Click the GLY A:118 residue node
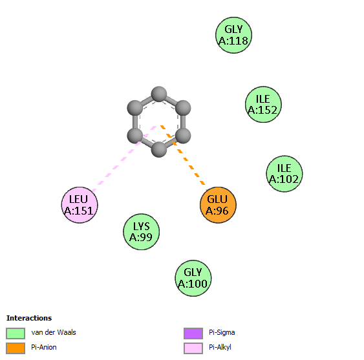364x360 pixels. [x=233, y=35]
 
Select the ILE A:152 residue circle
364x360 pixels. [x=263, y=105]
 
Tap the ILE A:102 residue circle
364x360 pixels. [x=284, y=174]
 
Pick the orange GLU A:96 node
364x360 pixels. [x=218, y=205]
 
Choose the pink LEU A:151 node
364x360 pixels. [x=80, y=205]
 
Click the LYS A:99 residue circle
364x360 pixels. [x=141, y=231]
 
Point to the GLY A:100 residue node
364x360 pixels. [x=193, y=278]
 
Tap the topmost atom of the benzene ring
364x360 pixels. [x=159, y=94]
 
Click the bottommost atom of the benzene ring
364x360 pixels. [x=159, y=150]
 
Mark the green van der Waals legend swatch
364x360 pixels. [x=16, y=334]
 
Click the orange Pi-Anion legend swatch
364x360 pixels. [x=16, y=348]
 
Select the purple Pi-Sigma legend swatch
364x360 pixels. [x=193, y=334]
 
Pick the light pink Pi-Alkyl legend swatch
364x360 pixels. [x=193, y=348]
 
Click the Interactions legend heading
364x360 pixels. [x=29, y=318]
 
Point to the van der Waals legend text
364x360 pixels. [x=54, y=332]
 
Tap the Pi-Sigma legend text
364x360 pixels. [x=222, y=333]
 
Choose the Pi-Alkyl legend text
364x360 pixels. [x=220, y=347]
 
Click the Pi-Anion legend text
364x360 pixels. [x=44, y=347]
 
